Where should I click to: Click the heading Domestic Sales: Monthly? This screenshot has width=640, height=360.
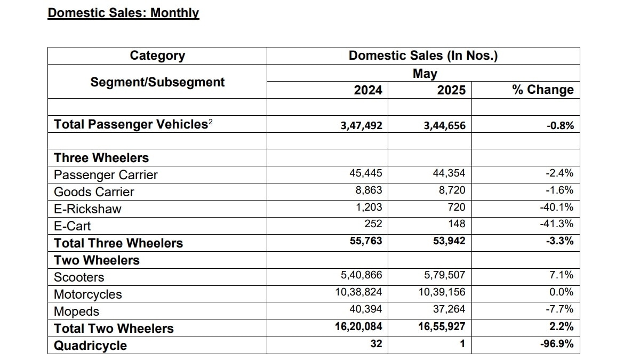(x=123, y=13)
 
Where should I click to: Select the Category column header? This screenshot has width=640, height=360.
(x=157, y=55)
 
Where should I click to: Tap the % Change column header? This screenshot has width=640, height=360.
(x=543, y=90)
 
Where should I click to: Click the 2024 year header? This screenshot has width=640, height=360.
(x=368, y=90)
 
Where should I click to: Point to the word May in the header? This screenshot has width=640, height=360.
(x=425, y=74)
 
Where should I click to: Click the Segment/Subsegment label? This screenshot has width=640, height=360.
(x=157, y=82)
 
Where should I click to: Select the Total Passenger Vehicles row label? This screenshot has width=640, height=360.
(x=131, y=124)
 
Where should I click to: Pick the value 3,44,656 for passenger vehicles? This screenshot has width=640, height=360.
(x=444, y=126)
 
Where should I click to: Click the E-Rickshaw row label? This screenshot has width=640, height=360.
(x=87, y=209)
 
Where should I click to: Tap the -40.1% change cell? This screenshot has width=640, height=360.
(x=557, y=207)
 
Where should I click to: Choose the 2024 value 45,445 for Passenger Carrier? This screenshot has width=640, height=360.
(x=364, y=173)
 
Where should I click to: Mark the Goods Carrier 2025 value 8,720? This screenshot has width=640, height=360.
(x=451, y=190)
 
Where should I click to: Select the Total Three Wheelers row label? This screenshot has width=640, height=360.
(x=118, y=243)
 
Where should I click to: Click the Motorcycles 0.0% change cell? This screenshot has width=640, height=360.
(x=561, y=292)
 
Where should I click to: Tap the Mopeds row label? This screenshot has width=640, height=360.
(x=76, y=311)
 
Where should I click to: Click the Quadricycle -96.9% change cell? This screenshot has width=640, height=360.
(x=557, y=344)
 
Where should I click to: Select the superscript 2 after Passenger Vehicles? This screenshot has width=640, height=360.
(x=211, y=122)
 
